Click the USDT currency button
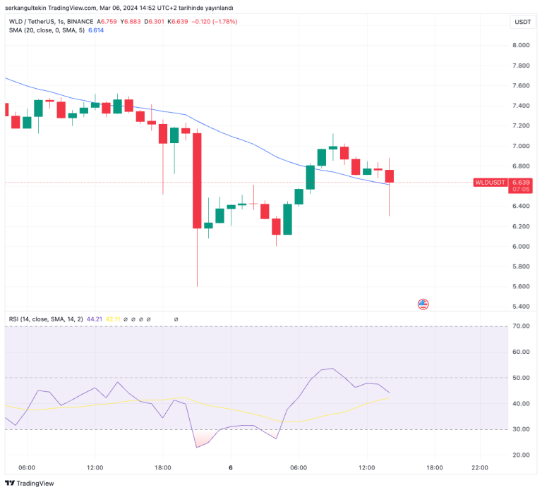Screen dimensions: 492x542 (x=522, y=22)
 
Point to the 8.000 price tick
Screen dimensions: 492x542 (x=521, y=45)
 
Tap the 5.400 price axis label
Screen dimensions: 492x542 (x=521, y=307)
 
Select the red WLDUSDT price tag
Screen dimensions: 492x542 (x=490, y=183)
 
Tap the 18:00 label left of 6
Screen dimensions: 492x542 (x=163, y=467)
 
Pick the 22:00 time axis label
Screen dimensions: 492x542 (x=479, y=467)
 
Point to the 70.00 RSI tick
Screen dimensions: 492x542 (x=521, y=326)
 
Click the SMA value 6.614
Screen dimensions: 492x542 (x=96, y=30)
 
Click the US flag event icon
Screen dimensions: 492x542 (x=423, y=305)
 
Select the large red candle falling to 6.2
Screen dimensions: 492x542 (x=197, y=180)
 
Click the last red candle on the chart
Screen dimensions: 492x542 (x=389, y=176)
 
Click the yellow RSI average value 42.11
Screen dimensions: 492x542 (x=112, y=319)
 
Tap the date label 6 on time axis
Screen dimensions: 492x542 (x=231, y=467)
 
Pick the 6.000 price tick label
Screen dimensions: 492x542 (x=521, y=247)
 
